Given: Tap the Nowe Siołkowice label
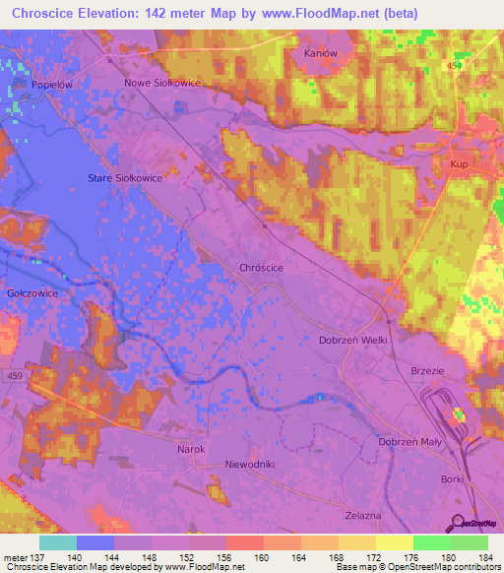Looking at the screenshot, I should (162, 84).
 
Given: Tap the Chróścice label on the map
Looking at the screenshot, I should (261, 267).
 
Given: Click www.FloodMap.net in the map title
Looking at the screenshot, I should (310, 14).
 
